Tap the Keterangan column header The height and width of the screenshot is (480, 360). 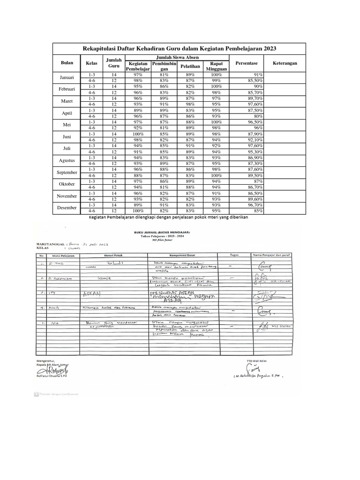point(285,63)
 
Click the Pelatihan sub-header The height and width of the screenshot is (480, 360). point(190,66)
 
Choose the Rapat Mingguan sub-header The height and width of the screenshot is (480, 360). point(216,66)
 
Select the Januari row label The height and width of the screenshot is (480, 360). point(67,77)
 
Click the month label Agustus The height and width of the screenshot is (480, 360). point(67,160)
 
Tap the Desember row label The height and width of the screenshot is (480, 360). point(67,208)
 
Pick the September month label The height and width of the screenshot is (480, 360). point(67,172)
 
